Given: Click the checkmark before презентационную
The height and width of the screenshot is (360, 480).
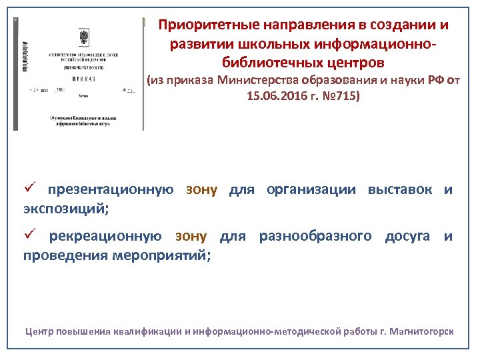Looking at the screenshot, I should [x=29, y=189].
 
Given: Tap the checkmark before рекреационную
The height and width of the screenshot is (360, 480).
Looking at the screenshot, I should [x=29, y=236].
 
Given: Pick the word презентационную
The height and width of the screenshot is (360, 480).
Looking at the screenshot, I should [x=111, y=190].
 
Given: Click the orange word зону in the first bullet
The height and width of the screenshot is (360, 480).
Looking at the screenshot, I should [x=202, y=190].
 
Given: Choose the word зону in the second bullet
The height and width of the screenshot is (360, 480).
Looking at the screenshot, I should [x=191, y=237].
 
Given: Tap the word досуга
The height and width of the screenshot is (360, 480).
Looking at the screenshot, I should [x=407, y=237].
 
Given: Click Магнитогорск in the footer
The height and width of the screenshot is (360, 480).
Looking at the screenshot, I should [x=420, y=331].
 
